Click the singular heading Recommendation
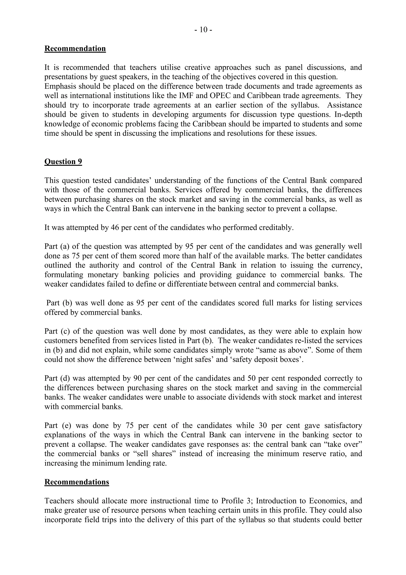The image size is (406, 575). (x=75, y=49)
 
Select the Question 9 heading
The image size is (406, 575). (x=63, y=162)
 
